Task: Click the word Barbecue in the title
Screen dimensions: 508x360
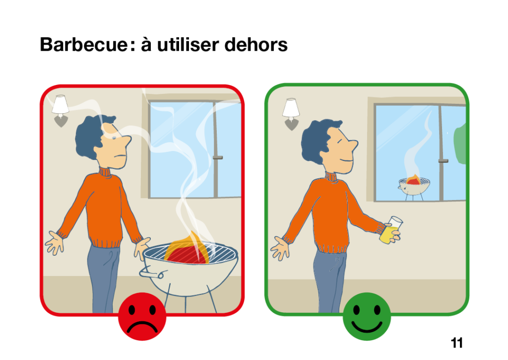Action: [x=83, y=44]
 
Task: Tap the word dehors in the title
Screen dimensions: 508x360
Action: [x=255, y=44]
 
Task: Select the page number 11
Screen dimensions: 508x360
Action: [x=457, y=343]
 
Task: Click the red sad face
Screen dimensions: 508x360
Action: [x=142, y=316]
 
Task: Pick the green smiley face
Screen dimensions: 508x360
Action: [x=367, y=316]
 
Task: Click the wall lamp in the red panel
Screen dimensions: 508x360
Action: [x=61, y=110]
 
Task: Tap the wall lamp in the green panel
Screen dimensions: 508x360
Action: [x=291, y=114]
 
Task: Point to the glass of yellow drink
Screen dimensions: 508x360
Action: [x=391, y=230]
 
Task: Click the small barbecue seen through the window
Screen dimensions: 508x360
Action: [x=414, y=187]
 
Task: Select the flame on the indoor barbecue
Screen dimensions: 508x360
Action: [x=187, y=248]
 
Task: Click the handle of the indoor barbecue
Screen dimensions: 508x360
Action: [x=151, y=273]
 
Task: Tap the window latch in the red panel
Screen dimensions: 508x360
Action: [x=218, y=157]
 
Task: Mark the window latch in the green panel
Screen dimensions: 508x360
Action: [x=443, y=160]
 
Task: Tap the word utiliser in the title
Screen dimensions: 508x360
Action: [x=189, y=44]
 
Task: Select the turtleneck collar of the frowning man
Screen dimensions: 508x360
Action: [x=105, y=172]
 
